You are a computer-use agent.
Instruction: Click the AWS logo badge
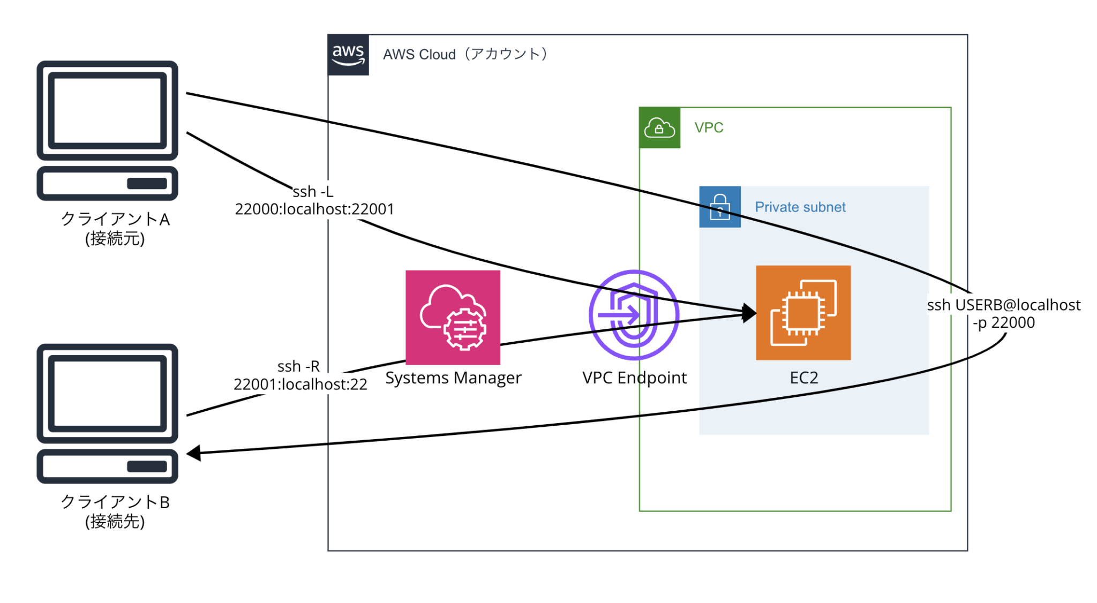[348, 55]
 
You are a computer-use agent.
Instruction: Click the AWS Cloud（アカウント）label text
[465, 54]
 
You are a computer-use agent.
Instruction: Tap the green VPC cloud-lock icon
[659, 128]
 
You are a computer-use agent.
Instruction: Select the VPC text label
[709, 128]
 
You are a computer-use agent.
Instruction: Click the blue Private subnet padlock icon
[720, 207]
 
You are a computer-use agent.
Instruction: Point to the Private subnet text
[800, 207]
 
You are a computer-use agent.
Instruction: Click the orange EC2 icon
[803, 313]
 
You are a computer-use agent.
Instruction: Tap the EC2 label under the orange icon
[803, 378]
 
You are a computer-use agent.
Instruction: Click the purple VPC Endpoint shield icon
[634, 315]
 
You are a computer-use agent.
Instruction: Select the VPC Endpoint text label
[634, 378]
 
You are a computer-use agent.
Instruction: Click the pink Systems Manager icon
[453, 317]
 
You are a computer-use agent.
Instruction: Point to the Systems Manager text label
[453, 378]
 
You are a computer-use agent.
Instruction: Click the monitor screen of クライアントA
[107, 111]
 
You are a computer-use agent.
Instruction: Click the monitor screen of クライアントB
[107, 394]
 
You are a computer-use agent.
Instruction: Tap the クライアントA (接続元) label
[115, 228]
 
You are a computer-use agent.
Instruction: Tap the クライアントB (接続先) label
[115, 511]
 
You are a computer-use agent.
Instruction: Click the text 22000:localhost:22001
[314, 209]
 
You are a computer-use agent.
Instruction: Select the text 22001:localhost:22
[300, 385]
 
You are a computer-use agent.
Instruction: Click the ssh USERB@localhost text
[1004, 305]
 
